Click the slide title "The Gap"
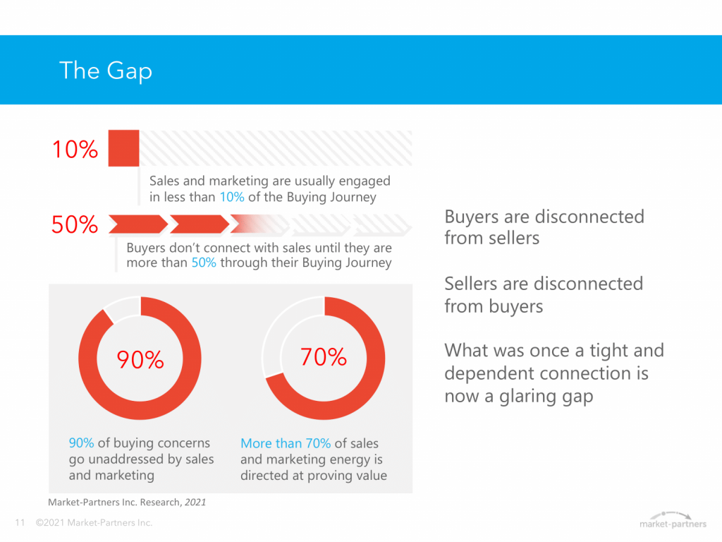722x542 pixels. [x=106, y=71]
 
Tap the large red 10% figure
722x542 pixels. [x=75, y=150]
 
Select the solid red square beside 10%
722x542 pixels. [x=123, y=148]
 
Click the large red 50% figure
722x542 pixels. [x=75, y=224]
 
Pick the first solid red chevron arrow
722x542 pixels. [x=138, y=224]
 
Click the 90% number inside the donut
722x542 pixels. [x=140, y=359]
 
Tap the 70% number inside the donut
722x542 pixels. [x=323, y=356]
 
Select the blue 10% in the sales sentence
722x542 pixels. [x=231, y=198]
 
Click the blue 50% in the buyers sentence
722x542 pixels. [x=204, y=263]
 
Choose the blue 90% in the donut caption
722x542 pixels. [x=82, y=443]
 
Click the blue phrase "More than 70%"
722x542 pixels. [x=286, y=443]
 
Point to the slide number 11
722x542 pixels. [x=20, y=523]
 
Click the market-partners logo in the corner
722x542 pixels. [x=673, y=520]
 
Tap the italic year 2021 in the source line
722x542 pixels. [x=195, y=502]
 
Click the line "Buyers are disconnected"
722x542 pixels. [x=544, y=217]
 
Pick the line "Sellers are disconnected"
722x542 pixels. [x=544, y=284]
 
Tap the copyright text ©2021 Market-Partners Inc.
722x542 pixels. [x=94, y=523]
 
